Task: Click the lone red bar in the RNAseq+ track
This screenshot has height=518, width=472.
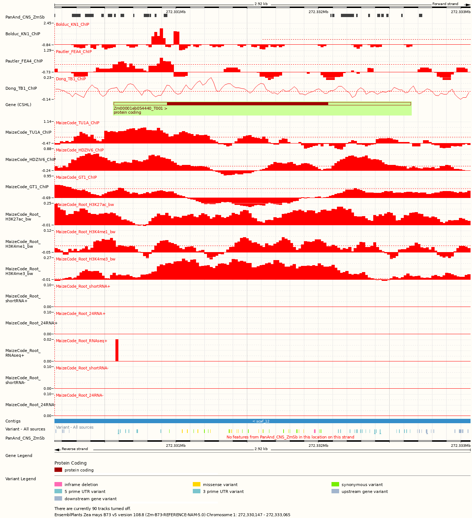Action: (x=117, y=350)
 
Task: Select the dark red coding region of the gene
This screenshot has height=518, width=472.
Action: (x=247, y=104)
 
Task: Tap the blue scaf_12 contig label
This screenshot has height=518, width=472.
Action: (x=261, y=421)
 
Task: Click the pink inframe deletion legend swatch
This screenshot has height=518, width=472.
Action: (x=58, y=485)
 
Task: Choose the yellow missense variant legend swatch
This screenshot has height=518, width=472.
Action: (x=196, y=485)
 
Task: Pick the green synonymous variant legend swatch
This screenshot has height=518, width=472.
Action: (x=335, y=485)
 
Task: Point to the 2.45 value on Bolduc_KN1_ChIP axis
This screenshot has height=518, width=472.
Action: (x=48, y=23)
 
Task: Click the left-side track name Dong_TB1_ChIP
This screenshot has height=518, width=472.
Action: (x=21, y=88)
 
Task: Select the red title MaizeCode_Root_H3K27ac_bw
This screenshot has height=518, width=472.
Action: (x=85, y=205)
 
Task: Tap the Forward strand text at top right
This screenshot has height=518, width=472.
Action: (x=445, y=4)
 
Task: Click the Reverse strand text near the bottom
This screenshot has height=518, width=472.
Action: (x=75, y=449)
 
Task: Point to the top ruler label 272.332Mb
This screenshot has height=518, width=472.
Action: (x=318, y=12)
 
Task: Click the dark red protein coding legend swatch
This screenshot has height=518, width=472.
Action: (x=58, y=470)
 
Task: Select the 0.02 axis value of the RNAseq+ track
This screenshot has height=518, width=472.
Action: (x=48, y=340)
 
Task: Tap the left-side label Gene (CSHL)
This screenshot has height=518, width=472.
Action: (x=18, y=105)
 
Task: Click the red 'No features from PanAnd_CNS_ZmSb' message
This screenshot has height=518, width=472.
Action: (x=290, y=437)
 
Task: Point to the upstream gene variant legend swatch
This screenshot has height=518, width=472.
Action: (x=335, y=491)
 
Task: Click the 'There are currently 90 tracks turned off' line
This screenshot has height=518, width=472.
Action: (x=93, y=509)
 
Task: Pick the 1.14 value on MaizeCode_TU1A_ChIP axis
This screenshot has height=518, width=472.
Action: (x=48, y=122)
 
